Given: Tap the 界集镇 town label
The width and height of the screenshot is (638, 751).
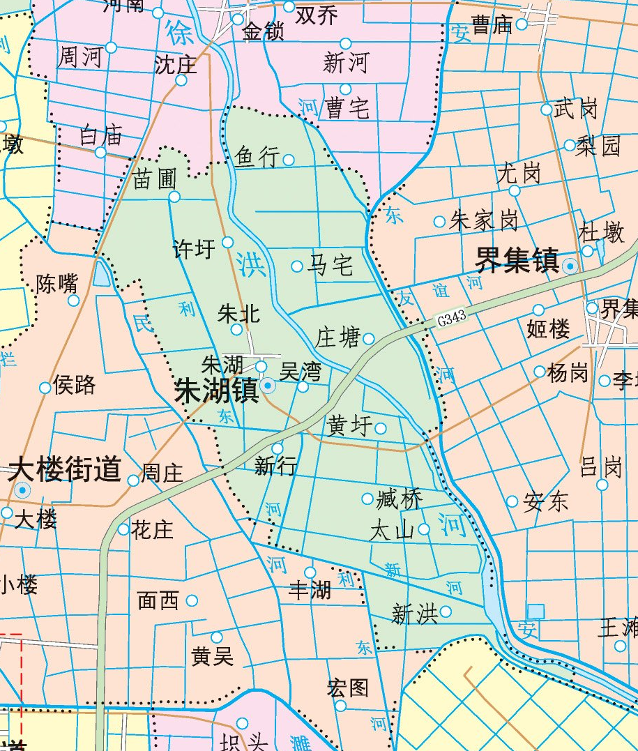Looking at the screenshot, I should click(x=517, y=261).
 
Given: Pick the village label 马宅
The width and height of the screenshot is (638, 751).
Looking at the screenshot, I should click(x=331, y=266).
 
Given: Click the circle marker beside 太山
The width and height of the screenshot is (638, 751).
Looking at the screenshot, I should click(x=424, y=529).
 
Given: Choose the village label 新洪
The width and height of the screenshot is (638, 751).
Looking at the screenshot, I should click(x=414, y=614).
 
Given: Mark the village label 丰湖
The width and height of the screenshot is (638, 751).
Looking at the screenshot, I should click(x=310, y=591).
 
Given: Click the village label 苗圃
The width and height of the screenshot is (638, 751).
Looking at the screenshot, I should click(x=155, y=180).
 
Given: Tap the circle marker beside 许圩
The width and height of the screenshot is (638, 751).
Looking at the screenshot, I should click(x=227, y=242).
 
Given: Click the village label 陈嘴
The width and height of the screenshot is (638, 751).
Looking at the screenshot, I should click(x=57, y=284).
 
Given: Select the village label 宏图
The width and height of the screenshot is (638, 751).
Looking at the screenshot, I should click(x=347, y=688).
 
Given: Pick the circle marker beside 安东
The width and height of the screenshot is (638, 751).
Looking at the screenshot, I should click(x=512, y=501).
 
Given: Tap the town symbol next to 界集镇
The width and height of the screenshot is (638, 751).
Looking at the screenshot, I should click(x=570, y=265).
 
